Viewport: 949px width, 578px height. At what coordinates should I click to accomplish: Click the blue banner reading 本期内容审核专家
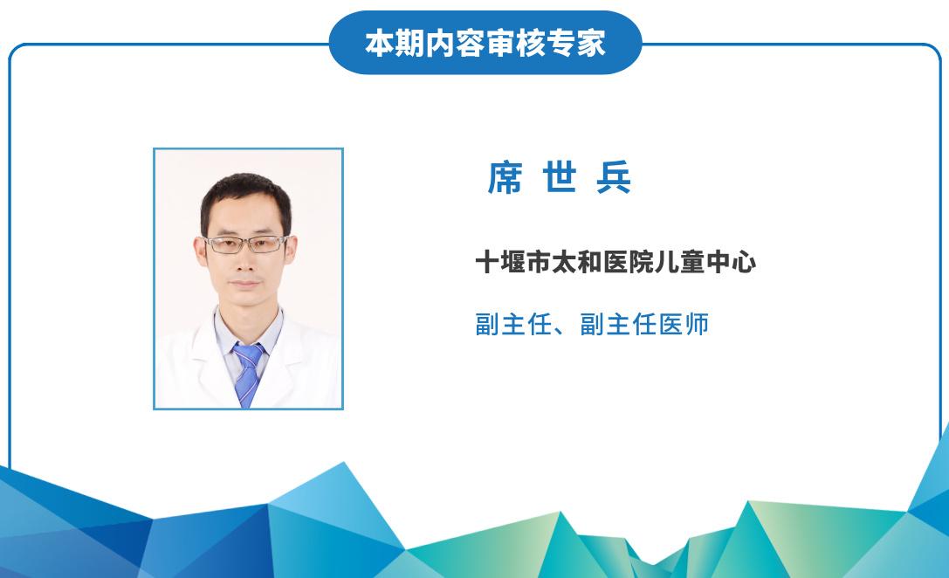coord(485,43)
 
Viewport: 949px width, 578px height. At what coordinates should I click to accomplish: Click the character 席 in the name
coord(505,177)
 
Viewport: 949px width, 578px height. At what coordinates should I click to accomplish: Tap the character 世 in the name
coord(560,177)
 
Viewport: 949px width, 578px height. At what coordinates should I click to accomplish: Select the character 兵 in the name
coord(614,177)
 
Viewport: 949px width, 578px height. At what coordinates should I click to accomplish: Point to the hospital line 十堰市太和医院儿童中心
coord(615,263)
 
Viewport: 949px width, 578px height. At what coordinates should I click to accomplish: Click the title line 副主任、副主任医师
coord(592,325)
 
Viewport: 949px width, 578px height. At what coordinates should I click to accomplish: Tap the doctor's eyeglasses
coord(245,244)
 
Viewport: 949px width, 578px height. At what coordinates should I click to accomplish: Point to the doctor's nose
coord(245,261)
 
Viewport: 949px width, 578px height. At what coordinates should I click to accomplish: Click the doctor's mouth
coord(245,283)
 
